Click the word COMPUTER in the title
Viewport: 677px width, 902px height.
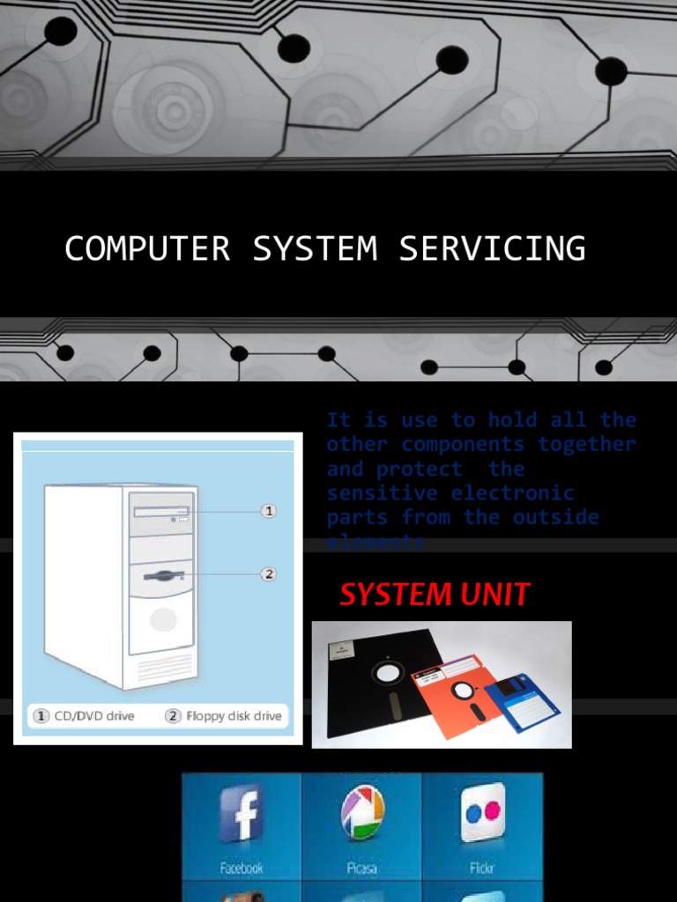pos(147,248)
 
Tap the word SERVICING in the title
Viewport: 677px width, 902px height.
pos(492,248)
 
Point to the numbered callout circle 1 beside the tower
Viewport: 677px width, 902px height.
pos(270,510)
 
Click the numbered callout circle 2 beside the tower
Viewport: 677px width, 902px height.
pos(270,573)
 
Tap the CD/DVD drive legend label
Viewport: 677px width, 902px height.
pos(85,716)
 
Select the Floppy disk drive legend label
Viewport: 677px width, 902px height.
pos(225,716)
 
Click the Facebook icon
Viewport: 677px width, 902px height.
pos(242,813)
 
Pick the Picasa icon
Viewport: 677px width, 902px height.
pos(362,811)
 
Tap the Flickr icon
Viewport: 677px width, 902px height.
pos(482,811)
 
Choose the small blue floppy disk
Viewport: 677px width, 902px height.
pos(521,701)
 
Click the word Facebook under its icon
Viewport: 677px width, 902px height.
pos(242,868)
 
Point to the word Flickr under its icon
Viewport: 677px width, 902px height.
pos(483,868)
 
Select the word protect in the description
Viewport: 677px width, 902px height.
pos(419,469)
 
